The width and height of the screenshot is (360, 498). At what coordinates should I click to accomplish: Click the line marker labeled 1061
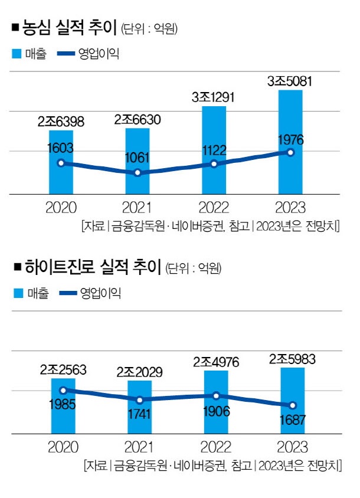pos(138,173)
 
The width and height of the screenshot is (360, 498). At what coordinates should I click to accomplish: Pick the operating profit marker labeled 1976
pos(290,152)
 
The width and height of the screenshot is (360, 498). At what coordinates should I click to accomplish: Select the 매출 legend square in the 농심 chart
pos(17,55)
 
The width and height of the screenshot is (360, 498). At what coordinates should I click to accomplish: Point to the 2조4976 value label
pos(216,362)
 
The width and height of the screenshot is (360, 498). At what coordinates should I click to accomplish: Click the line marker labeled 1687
pos(292,405)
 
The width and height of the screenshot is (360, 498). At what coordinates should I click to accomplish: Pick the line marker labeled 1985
pos(63,390)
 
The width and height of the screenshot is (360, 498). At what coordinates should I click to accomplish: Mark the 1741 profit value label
pos(140,416)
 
